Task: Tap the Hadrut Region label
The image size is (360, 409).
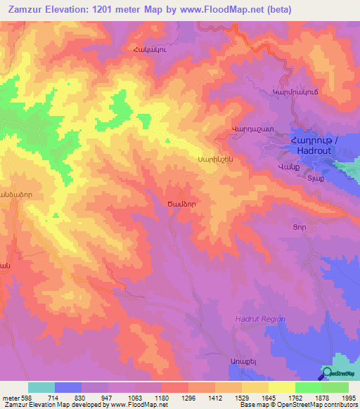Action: pos(260,319)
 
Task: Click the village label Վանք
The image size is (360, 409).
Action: pos(289,167)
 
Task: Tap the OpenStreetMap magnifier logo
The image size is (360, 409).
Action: pos(327,374)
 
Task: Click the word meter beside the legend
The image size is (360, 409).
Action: pos(10,397)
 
